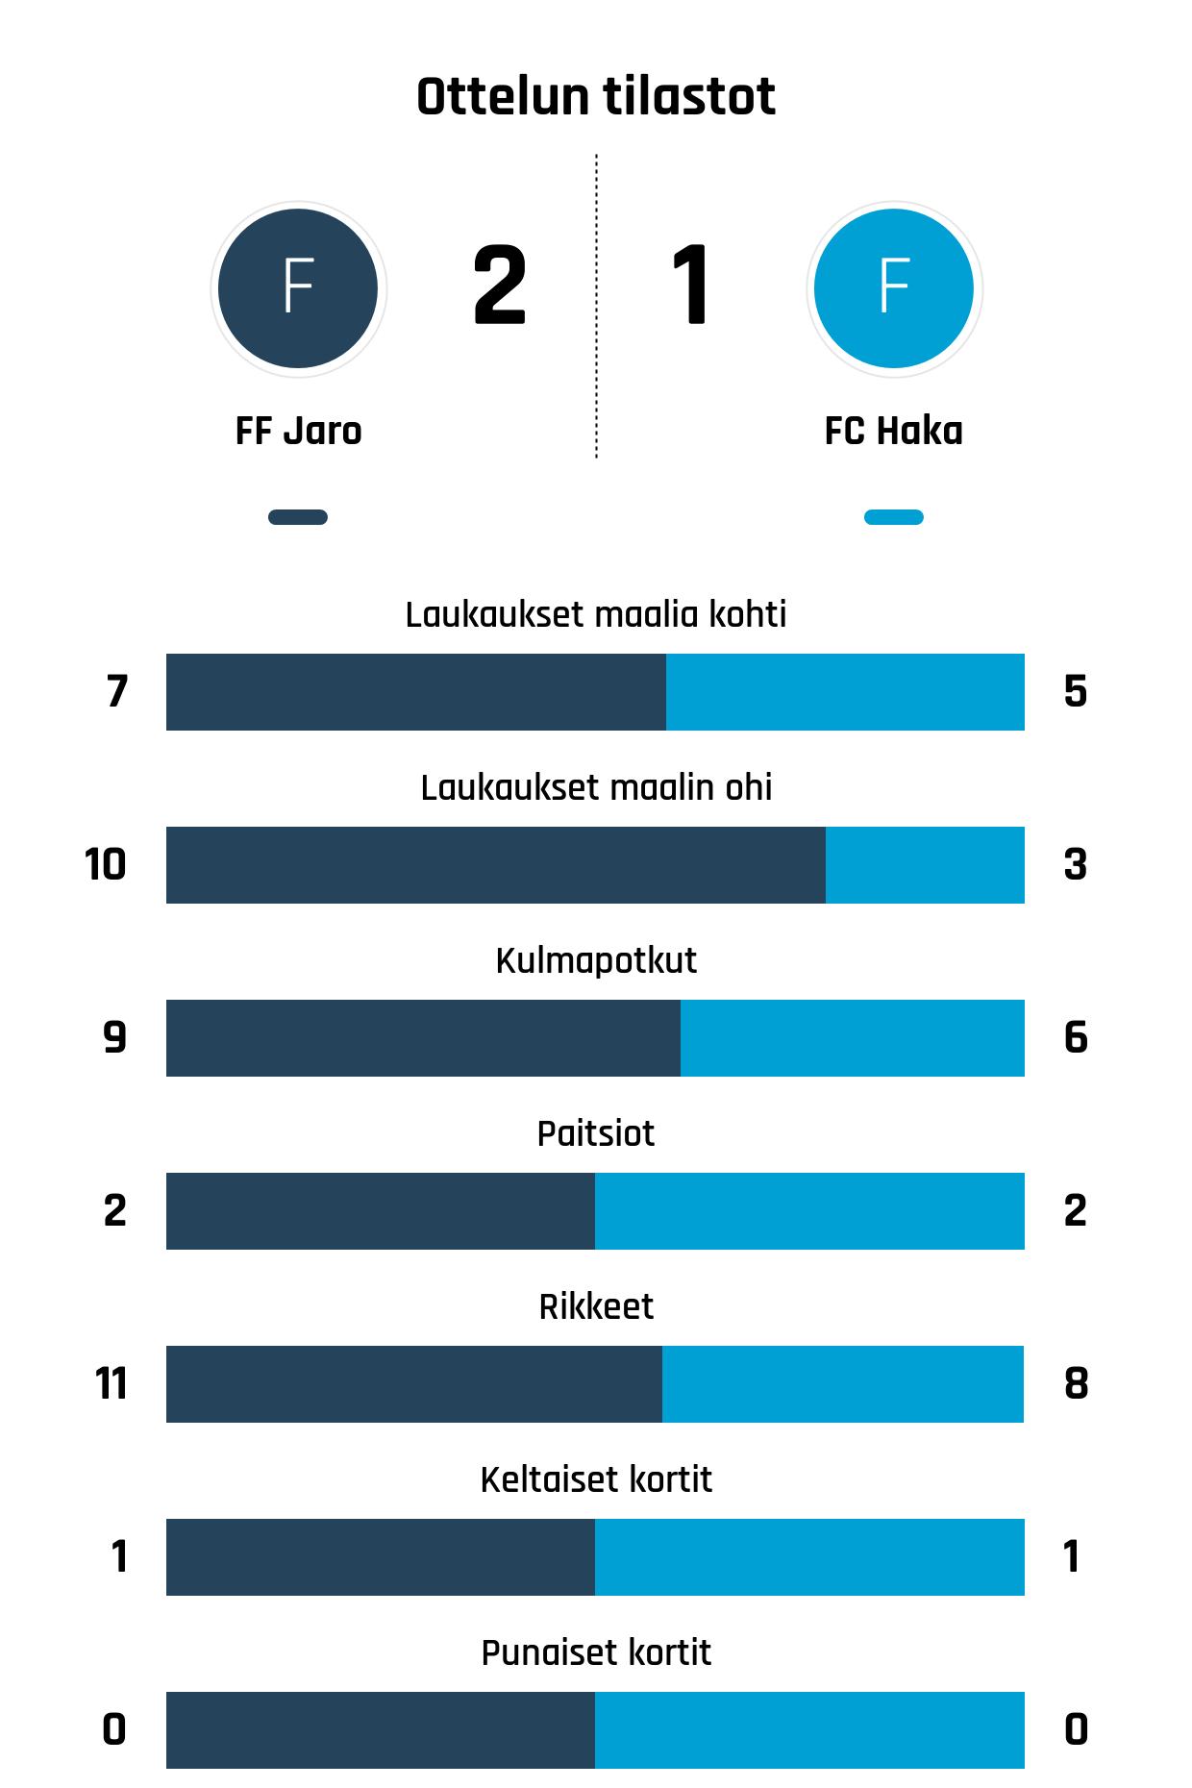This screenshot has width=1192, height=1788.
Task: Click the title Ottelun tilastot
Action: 596,97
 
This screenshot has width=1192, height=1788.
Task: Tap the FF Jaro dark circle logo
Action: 298,287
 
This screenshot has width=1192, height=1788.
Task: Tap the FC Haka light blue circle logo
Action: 894,287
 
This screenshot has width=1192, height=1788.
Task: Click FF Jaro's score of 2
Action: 500,286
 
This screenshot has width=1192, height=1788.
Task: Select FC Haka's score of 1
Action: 691,286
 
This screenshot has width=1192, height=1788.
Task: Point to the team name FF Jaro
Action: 298,432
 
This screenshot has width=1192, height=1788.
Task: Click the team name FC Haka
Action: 894,432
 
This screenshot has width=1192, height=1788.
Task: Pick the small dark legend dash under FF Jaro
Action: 298,517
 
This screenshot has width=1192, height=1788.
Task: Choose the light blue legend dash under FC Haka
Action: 894,517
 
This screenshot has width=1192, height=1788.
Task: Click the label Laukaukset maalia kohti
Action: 596,614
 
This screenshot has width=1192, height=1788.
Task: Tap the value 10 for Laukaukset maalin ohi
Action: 106,865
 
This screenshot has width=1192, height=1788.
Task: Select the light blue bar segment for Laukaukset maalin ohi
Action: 925,865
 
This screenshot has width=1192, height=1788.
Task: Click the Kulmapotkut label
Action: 596,960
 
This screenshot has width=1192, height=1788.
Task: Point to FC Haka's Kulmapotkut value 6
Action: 1076,1038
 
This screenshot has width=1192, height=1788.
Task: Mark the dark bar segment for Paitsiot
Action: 381,1211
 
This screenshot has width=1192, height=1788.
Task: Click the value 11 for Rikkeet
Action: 112,1384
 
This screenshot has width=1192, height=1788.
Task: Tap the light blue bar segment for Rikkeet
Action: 843,1384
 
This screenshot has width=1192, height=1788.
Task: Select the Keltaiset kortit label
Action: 596,1479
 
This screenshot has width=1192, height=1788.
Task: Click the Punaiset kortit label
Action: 596,1652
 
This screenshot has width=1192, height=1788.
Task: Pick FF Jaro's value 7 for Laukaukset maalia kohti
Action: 116,692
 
